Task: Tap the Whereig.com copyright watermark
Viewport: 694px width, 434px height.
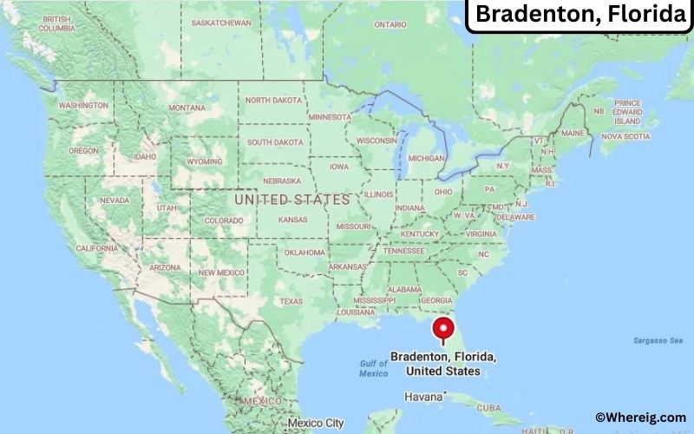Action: [x=640, y=418]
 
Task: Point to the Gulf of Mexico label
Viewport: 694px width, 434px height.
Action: [x=373, y=368]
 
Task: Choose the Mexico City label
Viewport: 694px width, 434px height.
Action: [x=315, y=423]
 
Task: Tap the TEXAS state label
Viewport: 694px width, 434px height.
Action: [x=291, y=301]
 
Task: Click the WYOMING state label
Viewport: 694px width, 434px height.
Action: [x=205, y=161]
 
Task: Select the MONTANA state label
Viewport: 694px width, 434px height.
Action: [x=187, y=108]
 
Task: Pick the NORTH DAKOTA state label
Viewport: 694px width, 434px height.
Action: [x=274, y=100]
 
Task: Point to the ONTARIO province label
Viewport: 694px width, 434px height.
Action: [x=390, y=24]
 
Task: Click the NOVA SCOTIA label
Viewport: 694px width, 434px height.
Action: [x=625, y=136]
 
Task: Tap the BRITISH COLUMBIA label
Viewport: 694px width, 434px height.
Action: [x=56, y=23]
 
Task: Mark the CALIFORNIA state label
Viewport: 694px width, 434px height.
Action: [x=96, y=248]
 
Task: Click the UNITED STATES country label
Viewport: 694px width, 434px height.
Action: [x=292, y=200]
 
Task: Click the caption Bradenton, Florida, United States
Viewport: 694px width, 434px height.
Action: [x=443, y=364]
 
